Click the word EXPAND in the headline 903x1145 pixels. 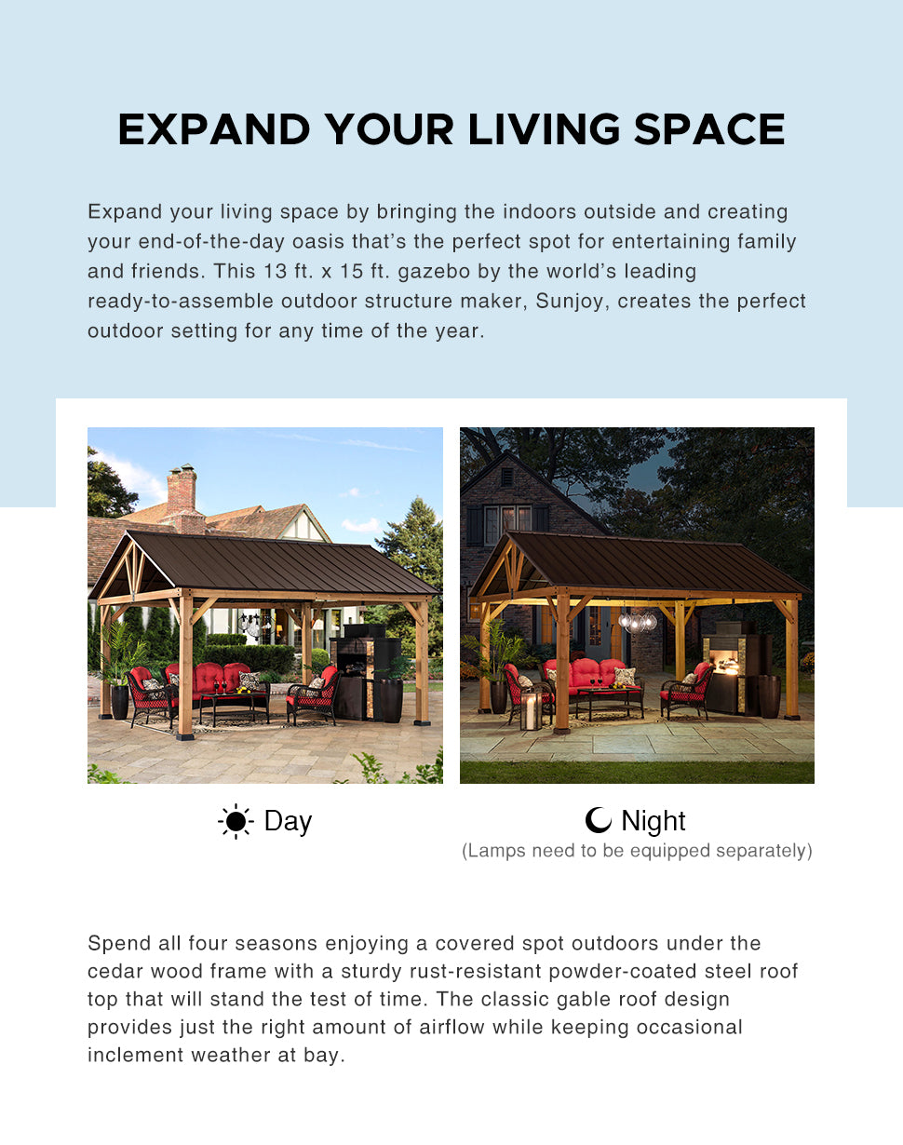point(214,128)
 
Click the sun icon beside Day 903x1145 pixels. point(236,821)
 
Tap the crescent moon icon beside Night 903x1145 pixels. point(598,820)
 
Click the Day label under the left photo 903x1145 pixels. point(288,821)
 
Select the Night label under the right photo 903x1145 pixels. point(653,821)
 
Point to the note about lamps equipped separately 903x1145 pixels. point(637,851)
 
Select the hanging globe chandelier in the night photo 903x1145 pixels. point(638,620)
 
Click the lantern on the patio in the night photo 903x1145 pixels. point(531,708)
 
